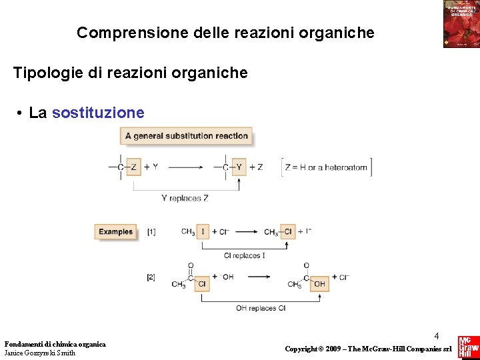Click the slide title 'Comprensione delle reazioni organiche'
pyautogui.click(x=225, y=33)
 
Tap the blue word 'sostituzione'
pyautogui.click(x=98, y=113)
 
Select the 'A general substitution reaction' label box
pyautogui.click(x=187, y=136)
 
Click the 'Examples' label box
pyautogui.click(x=116, y=232)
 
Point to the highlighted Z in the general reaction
pyautogui.click(x=133, y=167)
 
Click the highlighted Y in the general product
pyautogui.click(x=238, y=167)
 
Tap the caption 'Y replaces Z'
pyautogui.click(x=185, y=198)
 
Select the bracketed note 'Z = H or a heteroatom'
pyautogui.click(x=326, y=167)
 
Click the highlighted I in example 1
pyautogui.click(x=203, y=232)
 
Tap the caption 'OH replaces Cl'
pyautogui.click(x=260, y=308)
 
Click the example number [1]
pyautogui.click(x=151, y=232)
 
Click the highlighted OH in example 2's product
pyautogui.click(x=319, y=284)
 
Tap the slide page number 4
pyautogui.click(x=437, y=336)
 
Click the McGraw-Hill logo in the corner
pyautogui.click(x=468, y=347)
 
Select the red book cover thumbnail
pyautogui.click(x=461, y=24)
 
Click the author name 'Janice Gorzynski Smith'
pyautogui.click(x=40, y=353)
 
